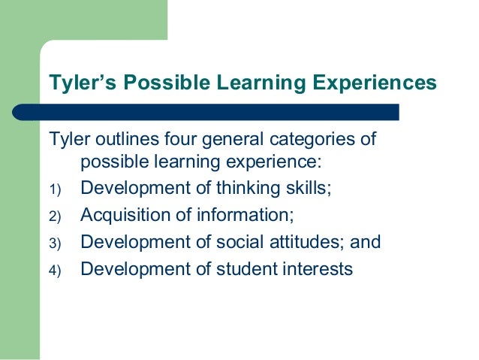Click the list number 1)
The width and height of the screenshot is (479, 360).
coord(55,189)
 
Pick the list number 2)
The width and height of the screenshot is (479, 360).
coord(55,216)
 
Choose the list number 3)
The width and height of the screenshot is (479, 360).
coord(55,244)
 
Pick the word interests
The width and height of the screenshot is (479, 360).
coord(319,269)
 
